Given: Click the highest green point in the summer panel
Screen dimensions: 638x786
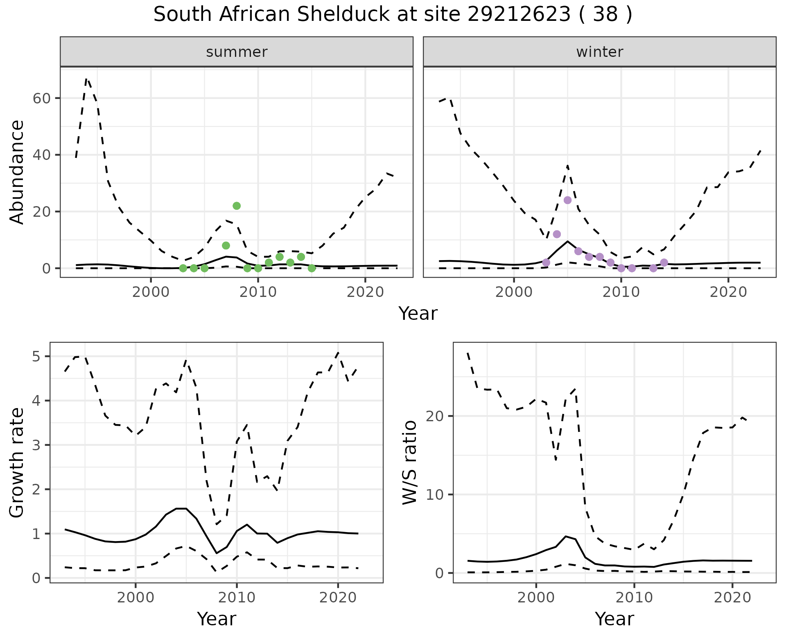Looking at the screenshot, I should click(237, 206).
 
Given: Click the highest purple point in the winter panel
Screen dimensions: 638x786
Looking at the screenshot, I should click(567, 200).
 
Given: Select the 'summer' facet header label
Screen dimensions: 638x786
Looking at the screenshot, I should click(237, 52).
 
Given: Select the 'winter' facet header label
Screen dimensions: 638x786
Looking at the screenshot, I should click(600, 52).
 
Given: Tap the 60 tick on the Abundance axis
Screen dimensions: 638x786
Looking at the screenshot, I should click(44, 98).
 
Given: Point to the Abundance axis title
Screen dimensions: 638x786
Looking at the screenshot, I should click(17, 172).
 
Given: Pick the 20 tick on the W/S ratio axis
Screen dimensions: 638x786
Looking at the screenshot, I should click(438, 416).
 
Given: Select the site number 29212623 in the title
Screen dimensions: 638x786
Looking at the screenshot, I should click(519, 15).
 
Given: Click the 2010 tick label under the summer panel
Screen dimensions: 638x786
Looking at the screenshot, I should click(258, 292).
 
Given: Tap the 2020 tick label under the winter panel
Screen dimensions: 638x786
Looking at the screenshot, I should click(728, 292).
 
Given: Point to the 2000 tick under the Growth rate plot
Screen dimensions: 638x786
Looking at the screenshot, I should click(136, 598).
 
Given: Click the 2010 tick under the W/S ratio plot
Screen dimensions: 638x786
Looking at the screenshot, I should click(634, 598).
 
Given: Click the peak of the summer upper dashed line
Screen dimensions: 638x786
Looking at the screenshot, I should click(86, 79).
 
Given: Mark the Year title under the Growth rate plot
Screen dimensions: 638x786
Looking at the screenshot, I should click(217, 619).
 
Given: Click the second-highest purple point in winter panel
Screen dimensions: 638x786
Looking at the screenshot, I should click(557, 234).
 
